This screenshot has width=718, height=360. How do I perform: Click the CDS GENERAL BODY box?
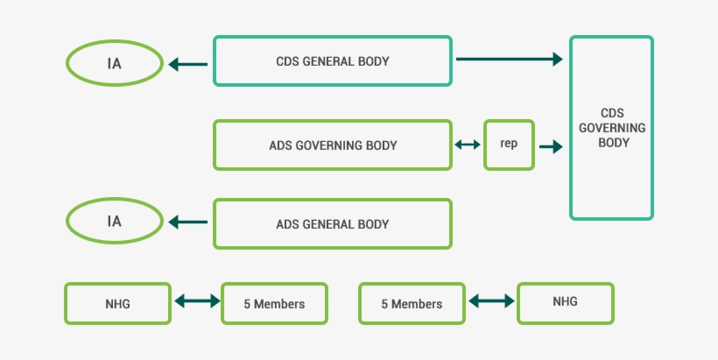point(333,61)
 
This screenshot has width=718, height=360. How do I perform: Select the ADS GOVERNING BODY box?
point(333,145)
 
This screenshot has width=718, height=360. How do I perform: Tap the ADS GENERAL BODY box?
point(333,223)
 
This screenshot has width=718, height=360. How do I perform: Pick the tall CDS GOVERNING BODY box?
point(611,128)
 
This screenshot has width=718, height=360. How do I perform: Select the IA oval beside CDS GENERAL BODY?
point(115,63)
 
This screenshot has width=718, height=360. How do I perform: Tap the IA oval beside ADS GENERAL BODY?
point(115,222)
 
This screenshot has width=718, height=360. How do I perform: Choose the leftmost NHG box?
point(116,303)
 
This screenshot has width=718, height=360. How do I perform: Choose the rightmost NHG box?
point(565,302)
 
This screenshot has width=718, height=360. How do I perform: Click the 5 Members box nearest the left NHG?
point(274,304)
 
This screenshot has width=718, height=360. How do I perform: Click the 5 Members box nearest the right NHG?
point(412,304)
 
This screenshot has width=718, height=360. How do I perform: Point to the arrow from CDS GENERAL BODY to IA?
point(188,64)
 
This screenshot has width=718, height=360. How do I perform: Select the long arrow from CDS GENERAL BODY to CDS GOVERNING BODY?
point(509,60)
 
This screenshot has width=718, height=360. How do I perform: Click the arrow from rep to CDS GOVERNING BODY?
point(551,146)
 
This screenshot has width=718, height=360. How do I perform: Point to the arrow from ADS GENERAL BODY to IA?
point(188,222)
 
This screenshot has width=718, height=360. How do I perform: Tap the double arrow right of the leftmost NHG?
point(197,302)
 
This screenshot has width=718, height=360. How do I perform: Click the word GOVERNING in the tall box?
point(611,128)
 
